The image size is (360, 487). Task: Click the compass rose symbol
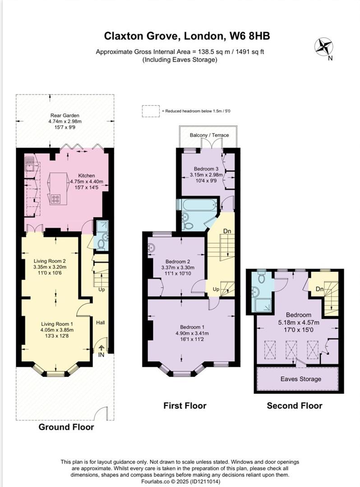click(x=324, y=46)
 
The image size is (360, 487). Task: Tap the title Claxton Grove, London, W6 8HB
click(x=180, y=36)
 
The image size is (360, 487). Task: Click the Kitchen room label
click(x=86, y=175)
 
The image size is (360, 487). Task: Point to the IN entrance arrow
click(x=102, y=349)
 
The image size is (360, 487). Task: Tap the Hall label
click(x=100, y=323)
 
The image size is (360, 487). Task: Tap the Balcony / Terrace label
click(x=209, y=135)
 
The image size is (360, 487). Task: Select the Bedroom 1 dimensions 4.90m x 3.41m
click(x=191, y=333)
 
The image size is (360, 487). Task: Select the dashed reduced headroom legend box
click(x=150, y=111)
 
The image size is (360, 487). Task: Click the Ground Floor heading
click(x=66, y=427)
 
